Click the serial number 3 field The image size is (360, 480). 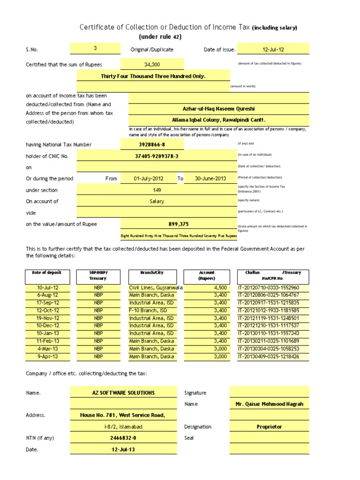click(95, 49)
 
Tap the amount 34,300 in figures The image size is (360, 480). click(152, 64)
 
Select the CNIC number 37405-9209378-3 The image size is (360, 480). click(157, 156)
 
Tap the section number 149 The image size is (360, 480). click(157, 190)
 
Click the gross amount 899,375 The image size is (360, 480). click(179, 224)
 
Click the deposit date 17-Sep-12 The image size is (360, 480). click(48, 303)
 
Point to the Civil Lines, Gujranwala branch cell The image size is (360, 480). click(155, 287)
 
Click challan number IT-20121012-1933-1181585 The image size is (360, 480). click(269, 310)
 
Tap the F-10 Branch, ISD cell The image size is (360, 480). click(151, 310)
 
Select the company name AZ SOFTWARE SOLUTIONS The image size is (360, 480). click(124, 393)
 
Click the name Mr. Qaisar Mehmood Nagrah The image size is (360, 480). click(270, 404)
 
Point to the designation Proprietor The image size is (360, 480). click(270, 427)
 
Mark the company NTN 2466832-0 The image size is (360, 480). click(123, 438)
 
